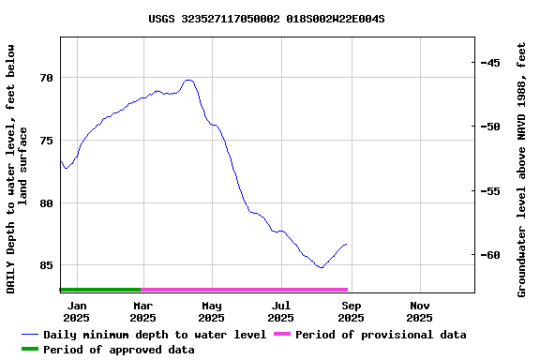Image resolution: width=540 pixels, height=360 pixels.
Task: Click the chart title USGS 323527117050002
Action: [266, 19]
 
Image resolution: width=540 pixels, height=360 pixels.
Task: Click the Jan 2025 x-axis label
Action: [77, 311]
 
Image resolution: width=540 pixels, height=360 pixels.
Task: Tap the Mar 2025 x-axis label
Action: [142, 311]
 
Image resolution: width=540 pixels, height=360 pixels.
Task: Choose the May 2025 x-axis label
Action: [212, 311]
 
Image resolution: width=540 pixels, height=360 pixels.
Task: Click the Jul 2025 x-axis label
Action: [281, 311]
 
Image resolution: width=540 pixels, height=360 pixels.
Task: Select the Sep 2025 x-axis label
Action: [351, 311]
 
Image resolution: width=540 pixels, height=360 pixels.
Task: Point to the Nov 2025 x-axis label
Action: [420, 311]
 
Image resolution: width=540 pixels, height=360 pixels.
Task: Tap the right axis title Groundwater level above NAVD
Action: [521, 169]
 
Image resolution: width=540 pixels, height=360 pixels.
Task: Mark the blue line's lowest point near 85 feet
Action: [321, 268]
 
